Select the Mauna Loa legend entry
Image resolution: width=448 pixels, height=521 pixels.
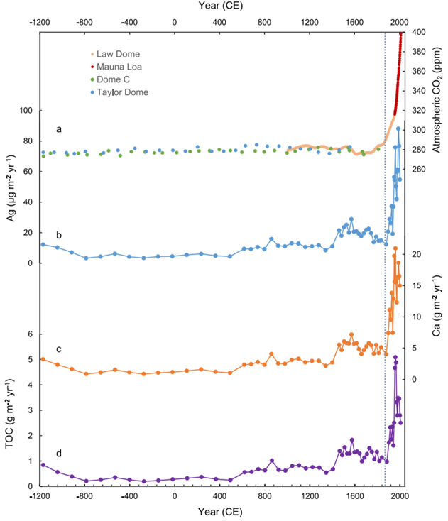click(x=120, y=67)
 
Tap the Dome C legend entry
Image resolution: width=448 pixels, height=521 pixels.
click(x=115, y=79)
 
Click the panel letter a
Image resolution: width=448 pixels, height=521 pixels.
click(x=59, y=129)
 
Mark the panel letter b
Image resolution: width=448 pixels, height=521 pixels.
click(x=59, y=234)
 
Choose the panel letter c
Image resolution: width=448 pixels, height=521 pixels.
click(x=59, y=349)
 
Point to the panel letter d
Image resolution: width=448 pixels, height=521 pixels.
click(x=59, y=453)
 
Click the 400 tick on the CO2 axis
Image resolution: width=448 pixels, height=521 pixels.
click(x=419, y=33)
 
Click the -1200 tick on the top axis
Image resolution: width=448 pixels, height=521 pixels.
click(x=42, y=21)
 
